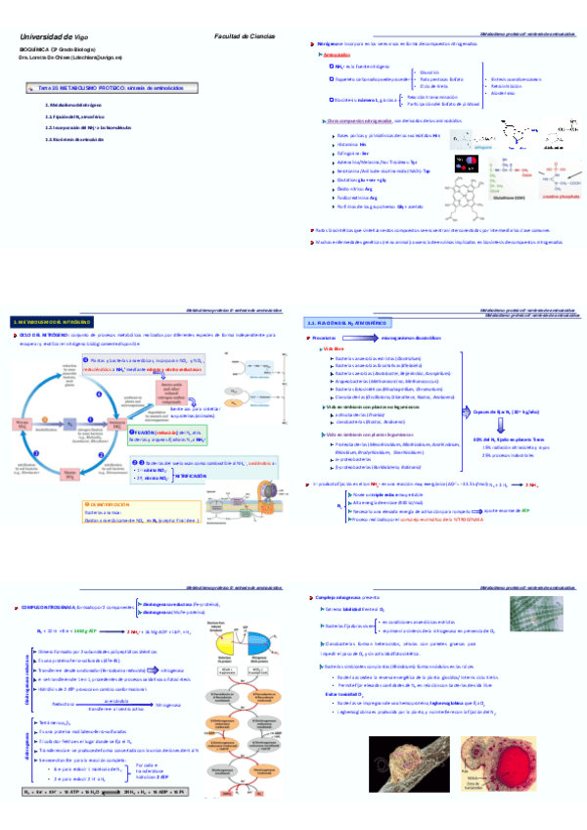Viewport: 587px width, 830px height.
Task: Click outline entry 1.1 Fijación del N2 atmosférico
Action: point(75,115)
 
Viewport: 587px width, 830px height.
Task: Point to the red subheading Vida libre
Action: point(334,348)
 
